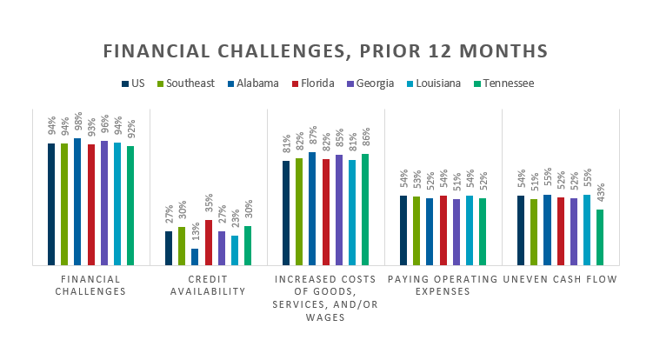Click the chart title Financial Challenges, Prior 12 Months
(x=326, y=51)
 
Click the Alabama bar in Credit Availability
(x=195, y=257)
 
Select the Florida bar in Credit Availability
(x=209, y=243)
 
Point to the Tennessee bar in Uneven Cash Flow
(x=600, y=237)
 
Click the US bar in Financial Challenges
(x=51, y=204)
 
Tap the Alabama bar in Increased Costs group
(x=312, y=209)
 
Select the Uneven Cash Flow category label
(x=560, y=279)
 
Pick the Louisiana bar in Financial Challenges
(x=117, y=204)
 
